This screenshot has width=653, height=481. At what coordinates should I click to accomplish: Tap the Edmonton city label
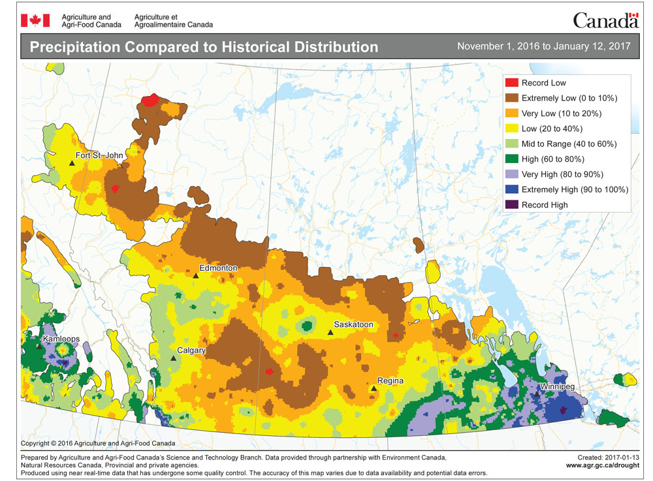coord(217,268)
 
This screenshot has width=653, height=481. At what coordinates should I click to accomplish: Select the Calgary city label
coord(191,350)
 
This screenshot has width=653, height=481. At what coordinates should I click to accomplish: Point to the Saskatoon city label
coord(353,324)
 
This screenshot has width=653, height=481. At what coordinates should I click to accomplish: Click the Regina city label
coord(390,380)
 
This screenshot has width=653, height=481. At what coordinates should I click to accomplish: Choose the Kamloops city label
coord(63,340)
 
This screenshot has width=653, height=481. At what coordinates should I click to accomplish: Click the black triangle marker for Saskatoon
coord(330,332)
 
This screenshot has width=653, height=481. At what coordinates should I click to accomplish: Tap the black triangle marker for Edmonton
coord(195,275)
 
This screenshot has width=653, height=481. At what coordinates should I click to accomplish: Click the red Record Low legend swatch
coord(512,83)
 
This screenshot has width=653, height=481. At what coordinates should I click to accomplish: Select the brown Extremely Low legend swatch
coord(512,98)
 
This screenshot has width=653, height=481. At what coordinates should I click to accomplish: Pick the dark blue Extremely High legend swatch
coord(512,189)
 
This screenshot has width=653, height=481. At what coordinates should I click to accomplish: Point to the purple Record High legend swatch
coord(512,204)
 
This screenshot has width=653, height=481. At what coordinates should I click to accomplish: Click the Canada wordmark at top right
coord(605,20)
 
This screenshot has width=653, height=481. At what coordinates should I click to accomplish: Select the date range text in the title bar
coord(543,46)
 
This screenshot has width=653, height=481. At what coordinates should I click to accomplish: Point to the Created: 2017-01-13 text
coord(605,458)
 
